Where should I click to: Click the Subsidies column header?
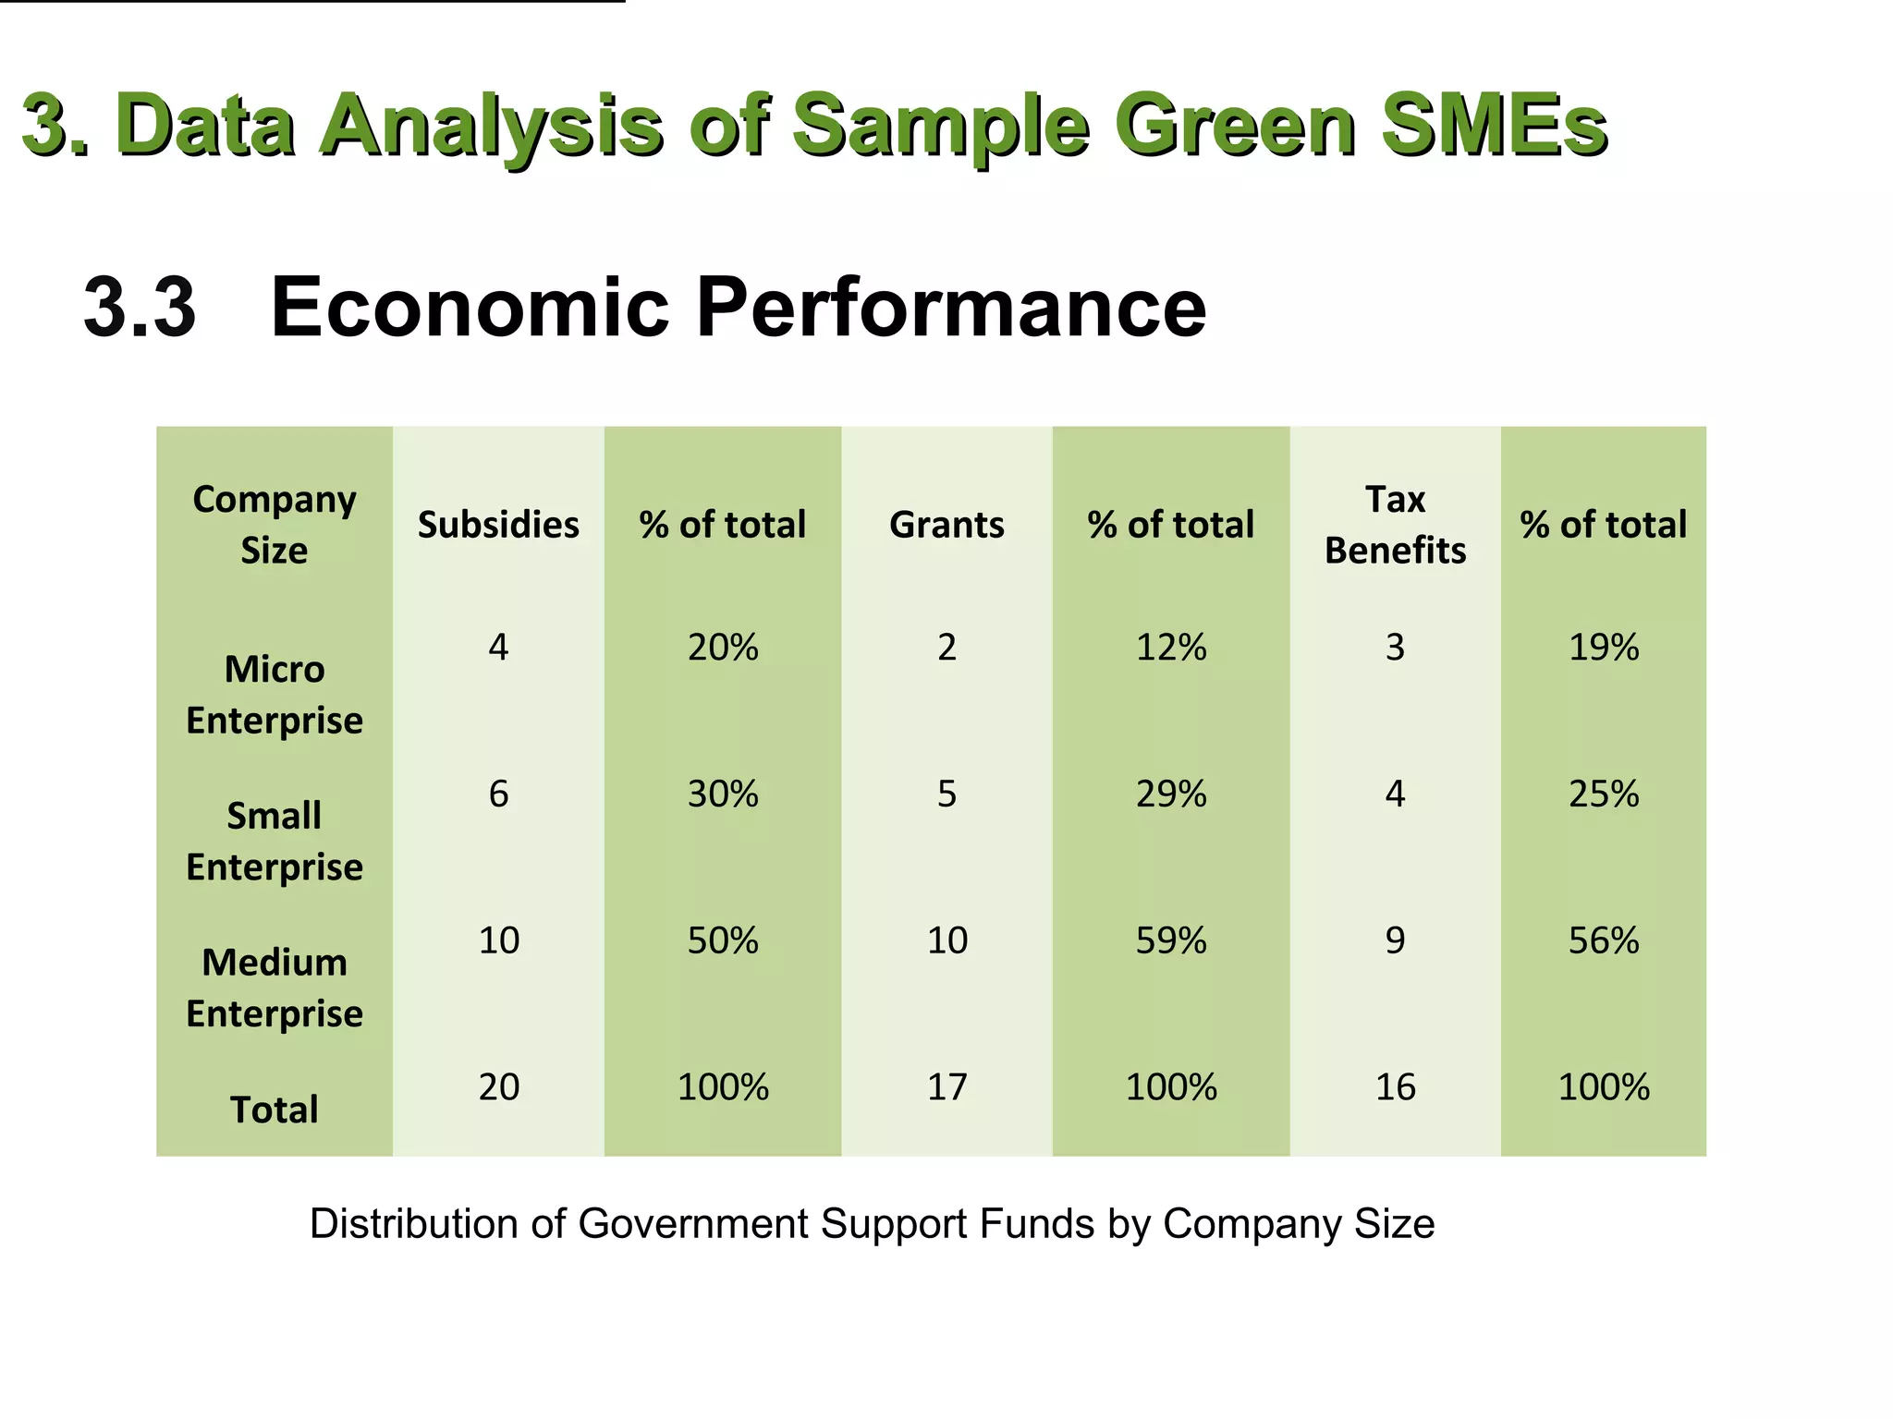tap(498, 525)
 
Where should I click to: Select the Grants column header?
tap(946, 525)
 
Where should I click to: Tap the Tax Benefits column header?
tap(1395, 525)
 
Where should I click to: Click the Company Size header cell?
tap(275, 525)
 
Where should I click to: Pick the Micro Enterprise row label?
tap(275, 695)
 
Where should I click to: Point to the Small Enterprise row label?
tap(275, 842)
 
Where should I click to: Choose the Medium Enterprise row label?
tap(275, 988)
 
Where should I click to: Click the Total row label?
tap(275, 1110)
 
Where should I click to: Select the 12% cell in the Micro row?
tap(1171, 648)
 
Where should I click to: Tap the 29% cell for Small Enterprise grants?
tap(1171, 794)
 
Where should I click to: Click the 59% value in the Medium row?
tap(1171, 940)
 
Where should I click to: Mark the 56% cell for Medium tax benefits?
tap(1604, 940)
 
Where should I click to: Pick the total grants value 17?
tap(946, 1087)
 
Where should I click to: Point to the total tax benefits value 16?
tap(1395, 1087)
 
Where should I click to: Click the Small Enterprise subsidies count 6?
tap(498, 794)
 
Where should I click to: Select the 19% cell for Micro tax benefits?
tap(1604, 648)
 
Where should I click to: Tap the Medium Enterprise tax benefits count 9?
tap(1395, 940)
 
